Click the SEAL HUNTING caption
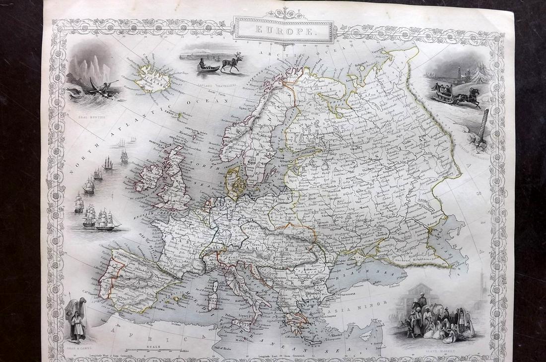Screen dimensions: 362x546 [89, 118]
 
